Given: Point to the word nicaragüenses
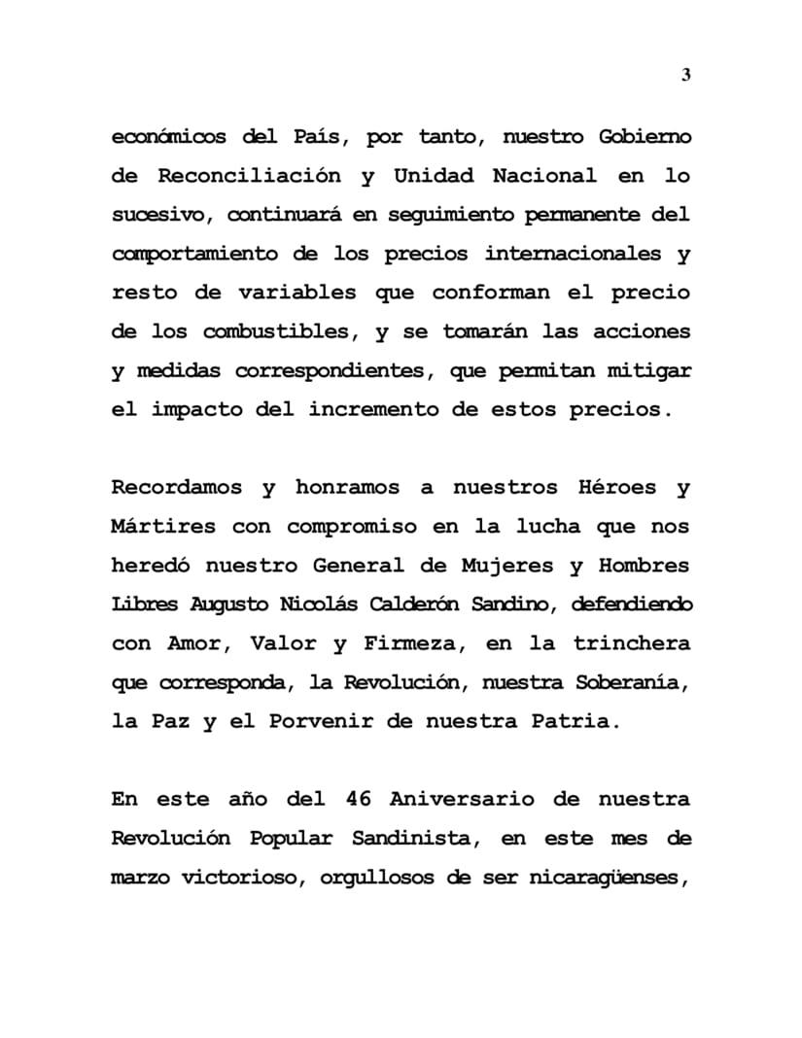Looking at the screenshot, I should (609, 877).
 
